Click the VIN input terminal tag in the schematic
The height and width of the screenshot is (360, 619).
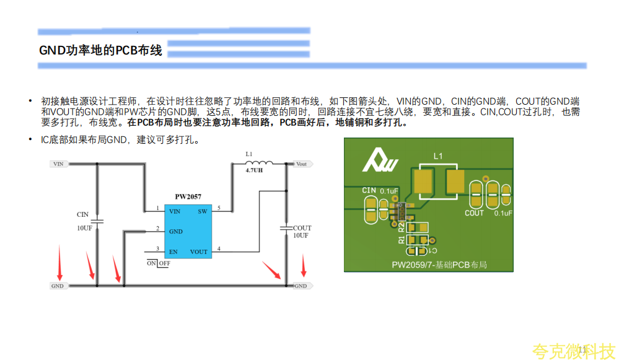(59, 164)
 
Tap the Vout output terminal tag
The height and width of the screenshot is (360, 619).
(301, 164)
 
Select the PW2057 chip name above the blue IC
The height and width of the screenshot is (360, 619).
(188, 197)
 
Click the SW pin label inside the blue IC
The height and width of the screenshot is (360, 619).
(202, 211)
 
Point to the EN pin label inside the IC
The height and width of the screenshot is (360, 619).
(173, 252)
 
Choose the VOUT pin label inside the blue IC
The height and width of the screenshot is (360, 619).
(199, 252)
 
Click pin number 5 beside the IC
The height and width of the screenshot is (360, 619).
(219, 208)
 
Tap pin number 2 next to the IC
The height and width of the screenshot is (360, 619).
(157, 228)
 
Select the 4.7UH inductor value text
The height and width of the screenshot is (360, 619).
(254, 170)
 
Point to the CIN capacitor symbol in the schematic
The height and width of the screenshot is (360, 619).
(97, 221)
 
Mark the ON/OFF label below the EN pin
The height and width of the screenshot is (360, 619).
(159, 263)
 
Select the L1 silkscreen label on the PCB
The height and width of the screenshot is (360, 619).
(438, 157)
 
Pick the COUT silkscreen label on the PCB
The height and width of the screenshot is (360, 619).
(474, 213)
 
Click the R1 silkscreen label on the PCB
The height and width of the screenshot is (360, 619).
(401, 239)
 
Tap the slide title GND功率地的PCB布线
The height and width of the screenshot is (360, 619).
(100, 50)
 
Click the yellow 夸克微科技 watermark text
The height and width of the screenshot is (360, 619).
(574, 351)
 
